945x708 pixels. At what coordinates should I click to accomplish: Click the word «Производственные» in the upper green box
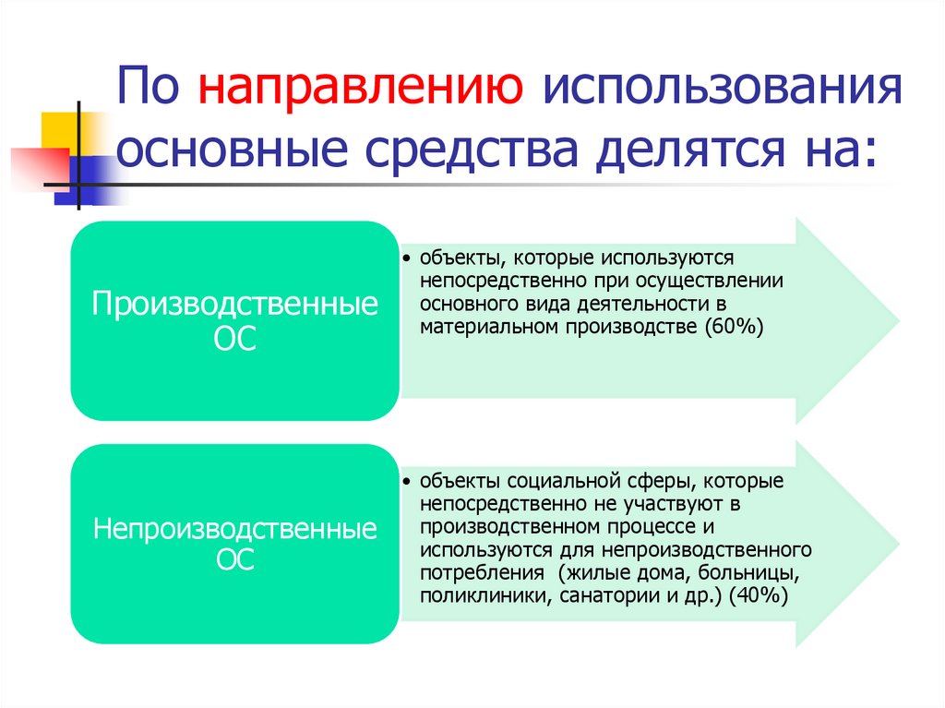(x=235, y=306)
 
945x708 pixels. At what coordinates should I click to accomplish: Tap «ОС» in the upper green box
(x=235, y=339)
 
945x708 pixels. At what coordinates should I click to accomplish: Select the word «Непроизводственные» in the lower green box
(x=235, y=529)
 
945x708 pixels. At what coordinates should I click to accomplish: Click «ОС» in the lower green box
(x=235, y=561)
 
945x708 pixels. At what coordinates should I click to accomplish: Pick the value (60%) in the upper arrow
(x=733, y=327)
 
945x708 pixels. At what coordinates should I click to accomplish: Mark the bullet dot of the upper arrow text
(x=407, y=258)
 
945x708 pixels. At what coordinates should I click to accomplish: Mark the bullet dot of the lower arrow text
(x=407, y=482)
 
